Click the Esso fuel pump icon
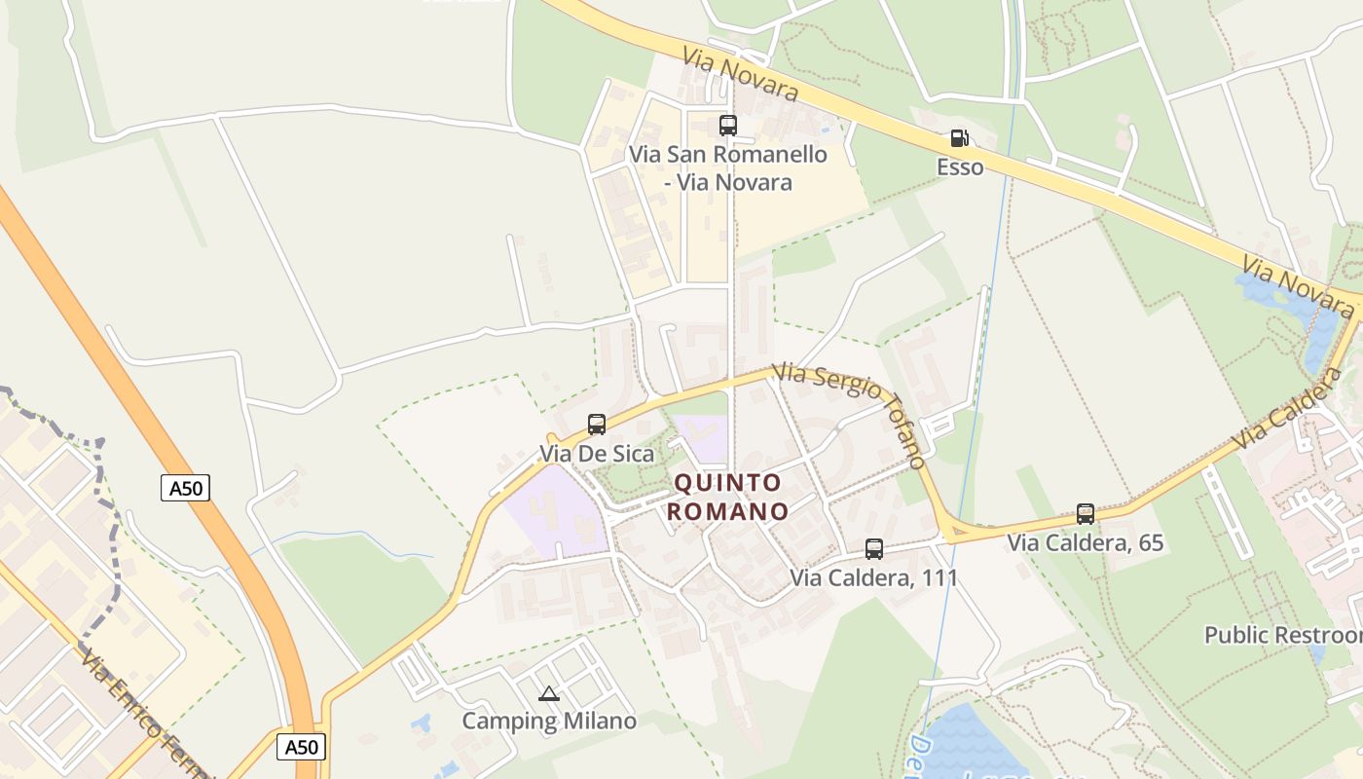(959, 139)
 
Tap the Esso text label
(960, 167)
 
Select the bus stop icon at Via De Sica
(597, 425)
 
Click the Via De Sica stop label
(597, 454)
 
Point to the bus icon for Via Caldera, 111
(874, 549)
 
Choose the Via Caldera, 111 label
(873, 577)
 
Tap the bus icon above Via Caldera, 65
(1086, 514)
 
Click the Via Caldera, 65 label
(1086, 542)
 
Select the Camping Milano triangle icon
(549, 694)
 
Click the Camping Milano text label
(549, 722)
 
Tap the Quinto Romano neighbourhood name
(729, 497)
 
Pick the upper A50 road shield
(185, 488)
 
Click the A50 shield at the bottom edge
(302, 747)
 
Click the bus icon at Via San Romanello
(728, 125)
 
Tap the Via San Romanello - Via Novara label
(728, 167)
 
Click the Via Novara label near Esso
(740, 73)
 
